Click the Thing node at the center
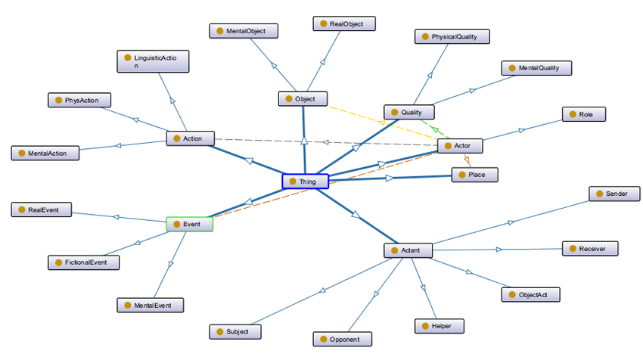click(x=306, y=182)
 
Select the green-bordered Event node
click(x=189, y=225)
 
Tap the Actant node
click(x=408, y=250)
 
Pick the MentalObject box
click(x=244, y=31)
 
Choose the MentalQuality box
click(x=536, y=68)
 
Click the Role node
click(x=583, y=114)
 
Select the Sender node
click(x=613, y=194)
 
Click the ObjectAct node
click(x=530, y=294)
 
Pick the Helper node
click(x=439, y=326)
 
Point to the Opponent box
click(x=343, y=339)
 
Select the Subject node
click(x=235, y=331)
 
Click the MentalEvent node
click(x=150, y=305)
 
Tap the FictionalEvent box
click(x=83, y=262)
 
